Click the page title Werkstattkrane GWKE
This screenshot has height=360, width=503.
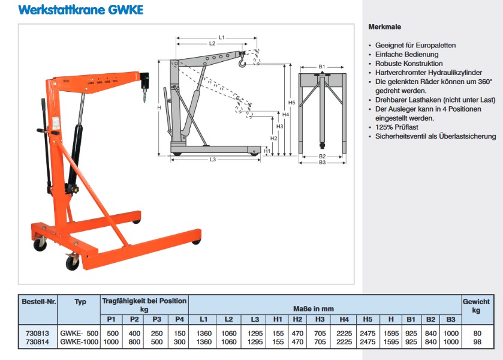point(81,10)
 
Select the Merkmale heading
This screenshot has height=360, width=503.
point(384,27)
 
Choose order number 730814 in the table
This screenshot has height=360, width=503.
point(38,342)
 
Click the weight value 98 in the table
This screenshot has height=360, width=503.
point(476,342)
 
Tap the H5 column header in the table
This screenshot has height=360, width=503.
point(368,319)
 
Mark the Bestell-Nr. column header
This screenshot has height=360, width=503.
point(38,302)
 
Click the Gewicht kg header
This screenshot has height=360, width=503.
point(476,306)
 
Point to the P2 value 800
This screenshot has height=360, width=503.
point(134,342)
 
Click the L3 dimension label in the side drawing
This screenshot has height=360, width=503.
point(213,160)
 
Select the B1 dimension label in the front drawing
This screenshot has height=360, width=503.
point(322,67)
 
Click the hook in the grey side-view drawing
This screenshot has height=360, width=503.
point(242,60)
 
